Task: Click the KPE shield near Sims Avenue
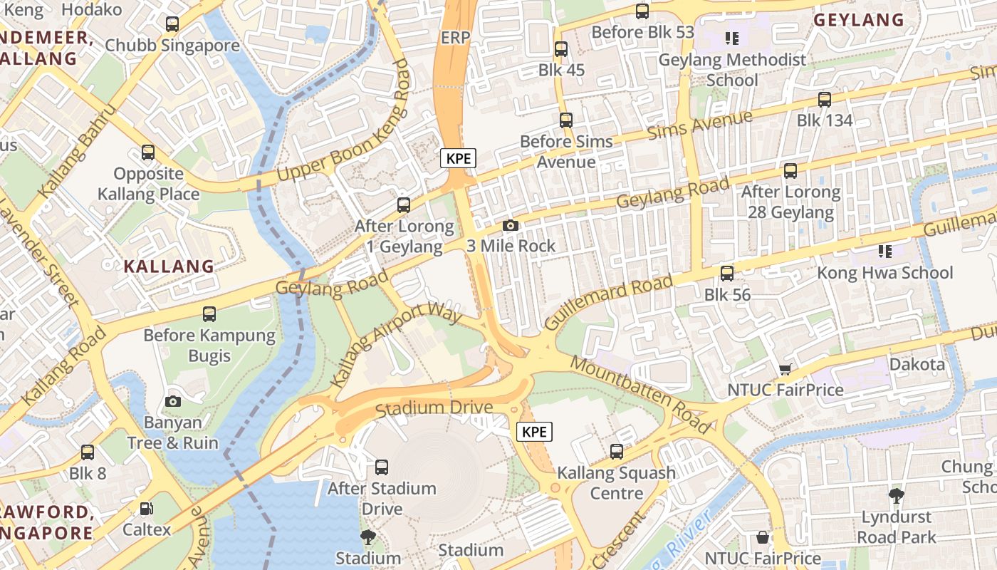tap(458, 158)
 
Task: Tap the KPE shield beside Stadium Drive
tap(534, 431)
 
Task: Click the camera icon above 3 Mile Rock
tap(511, 226)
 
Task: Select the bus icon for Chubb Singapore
tap(172, 24)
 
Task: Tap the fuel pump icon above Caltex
tap(147, 509)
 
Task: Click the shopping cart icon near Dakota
tap(785, 369)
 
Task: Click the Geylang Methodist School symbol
tap(731, 38)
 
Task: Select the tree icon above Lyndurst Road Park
tap(897, 495)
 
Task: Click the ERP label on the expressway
tap(455, 38)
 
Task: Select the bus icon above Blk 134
tap(825, 100)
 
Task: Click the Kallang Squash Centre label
tap(617, 482)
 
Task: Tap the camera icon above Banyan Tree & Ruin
tap(172, 401)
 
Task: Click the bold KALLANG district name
tap(169, 266)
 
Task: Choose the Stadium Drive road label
tap(434, 408)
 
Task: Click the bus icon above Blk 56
tap(727, 274)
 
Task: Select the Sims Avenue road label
tap(699, 126)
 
